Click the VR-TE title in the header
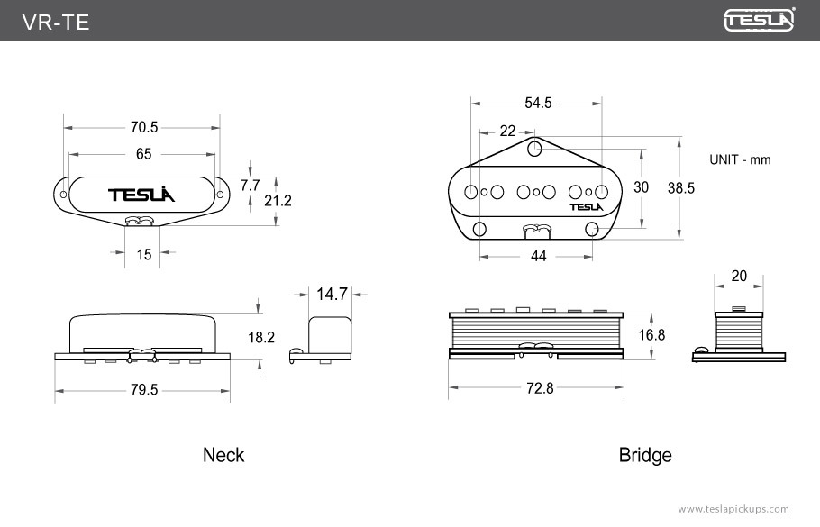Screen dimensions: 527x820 (x=56, y=23)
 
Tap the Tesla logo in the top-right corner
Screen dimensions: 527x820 (x=760, y=20)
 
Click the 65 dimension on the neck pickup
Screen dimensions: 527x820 (x=143, y=154)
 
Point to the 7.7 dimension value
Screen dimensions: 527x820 (x=250, y=185)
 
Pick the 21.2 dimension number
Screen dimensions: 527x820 (x=278, y=201)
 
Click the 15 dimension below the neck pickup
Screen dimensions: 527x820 (x=144, y=255)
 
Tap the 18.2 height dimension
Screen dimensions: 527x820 (x=261, y=338)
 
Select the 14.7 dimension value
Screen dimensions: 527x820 (x=332, y=294)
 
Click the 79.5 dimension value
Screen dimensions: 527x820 (x=143, y=390)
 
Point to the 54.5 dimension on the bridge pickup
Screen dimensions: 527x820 (x=538, y=104)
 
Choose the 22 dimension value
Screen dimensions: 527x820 (x=507, y=132)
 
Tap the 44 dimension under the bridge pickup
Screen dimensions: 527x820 (x=539, y=257)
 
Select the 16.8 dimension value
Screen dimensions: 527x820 (x=651, y=335)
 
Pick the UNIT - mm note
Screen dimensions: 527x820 (x=740, y=159)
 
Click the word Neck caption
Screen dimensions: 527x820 (x=223, y=455)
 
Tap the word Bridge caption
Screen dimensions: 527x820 (x=645, y=455)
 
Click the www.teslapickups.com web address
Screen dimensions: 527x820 (x=733, y=509)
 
